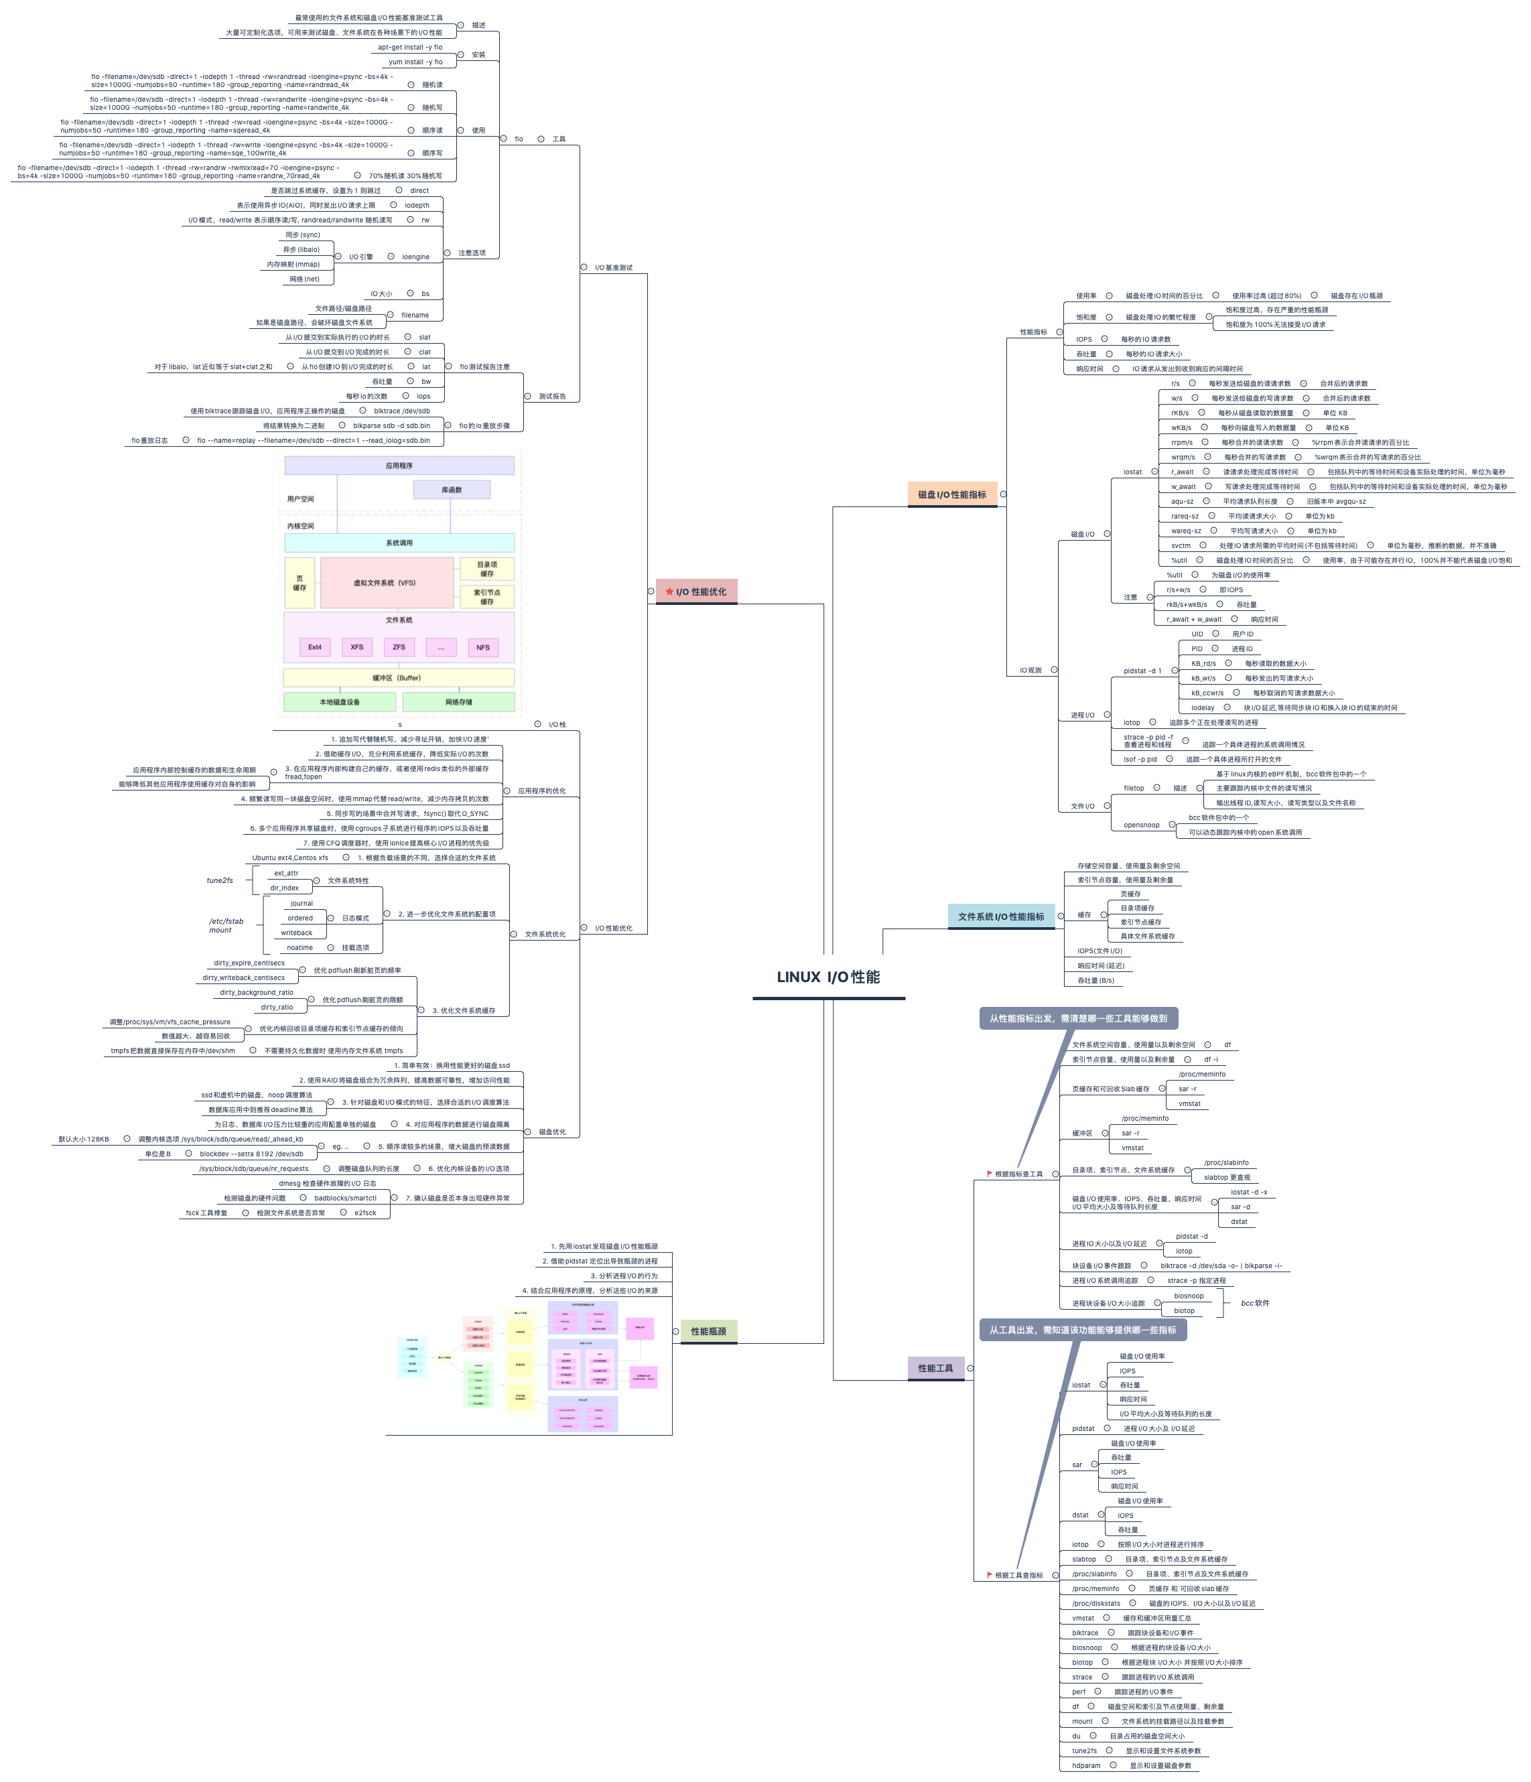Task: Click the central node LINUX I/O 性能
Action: [x=827, y=977]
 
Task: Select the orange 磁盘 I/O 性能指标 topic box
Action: [x=951, y=494]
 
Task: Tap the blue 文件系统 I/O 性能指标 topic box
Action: [x=1000, y=917]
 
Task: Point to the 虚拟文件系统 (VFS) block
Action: [x=385, y=583]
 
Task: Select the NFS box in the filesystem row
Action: [x=482, y=648]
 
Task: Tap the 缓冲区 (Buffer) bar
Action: [x=397, y=678]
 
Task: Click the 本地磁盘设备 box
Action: [x=340, y=702]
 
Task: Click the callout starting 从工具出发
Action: [x=1082, y=1330]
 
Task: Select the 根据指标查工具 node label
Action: [x=1018, y=1174]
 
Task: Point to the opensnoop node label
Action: [x=1141, y=825]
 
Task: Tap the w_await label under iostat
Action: [x=1183, y=487]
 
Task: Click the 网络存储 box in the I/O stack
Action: [x=458, y=702]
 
